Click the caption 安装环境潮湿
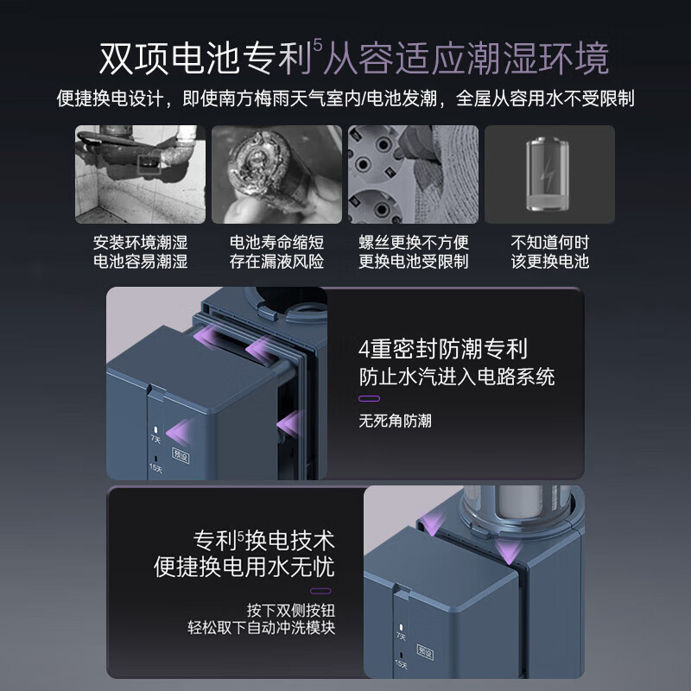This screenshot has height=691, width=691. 140,242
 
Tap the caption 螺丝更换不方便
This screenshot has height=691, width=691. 413,242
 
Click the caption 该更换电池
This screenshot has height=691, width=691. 549,261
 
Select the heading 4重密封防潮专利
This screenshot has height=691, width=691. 442,350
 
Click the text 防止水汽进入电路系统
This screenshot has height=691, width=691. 457,377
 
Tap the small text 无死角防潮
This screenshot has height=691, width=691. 395,422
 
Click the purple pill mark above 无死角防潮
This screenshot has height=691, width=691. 369,399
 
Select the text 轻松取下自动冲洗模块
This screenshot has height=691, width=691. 263,627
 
